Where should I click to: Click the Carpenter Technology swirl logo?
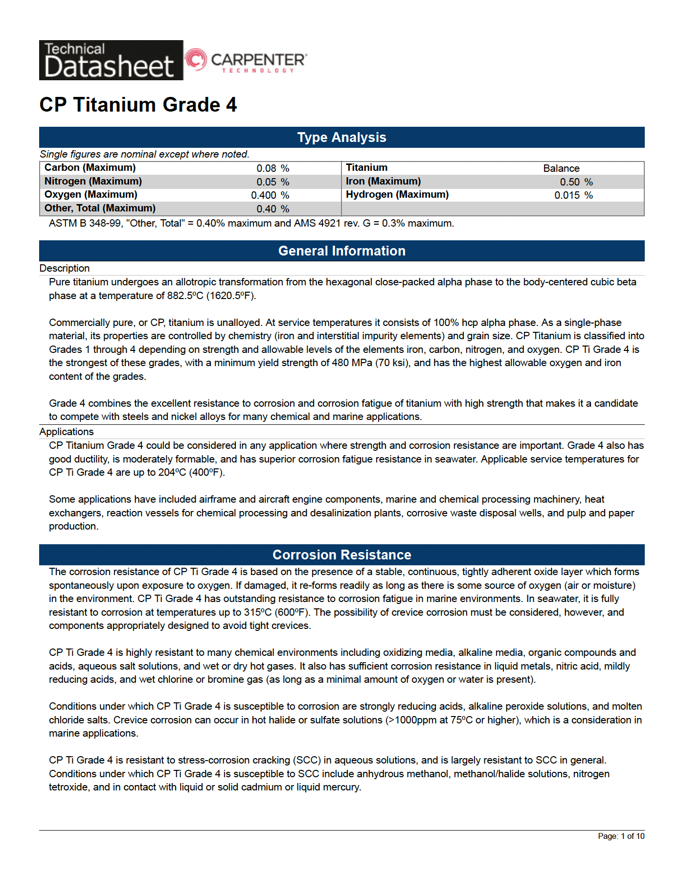tap(196, 60)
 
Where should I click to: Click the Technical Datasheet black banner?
tap(111, 60)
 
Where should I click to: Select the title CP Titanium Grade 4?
tap(138, 105)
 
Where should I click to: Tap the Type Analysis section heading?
tap(341, 138)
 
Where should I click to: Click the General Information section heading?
tap(341, 251)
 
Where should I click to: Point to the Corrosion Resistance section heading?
tap(341, 555)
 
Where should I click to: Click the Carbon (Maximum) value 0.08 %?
tap(272, 168)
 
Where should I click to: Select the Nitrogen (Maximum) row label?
tap(93, 182)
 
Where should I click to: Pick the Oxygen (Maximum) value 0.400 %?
tap(270, 195)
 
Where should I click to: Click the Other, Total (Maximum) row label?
tap(100, 208)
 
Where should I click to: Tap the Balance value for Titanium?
tap(561, 168)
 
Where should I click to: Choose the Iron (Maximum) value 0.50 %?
tap(576, 182)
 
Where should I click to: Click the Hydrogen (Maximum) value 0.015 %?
tap(573, 195)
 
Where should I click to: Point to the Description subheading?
tap(65, 268)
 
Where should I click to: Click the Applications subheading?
tap(67, 432)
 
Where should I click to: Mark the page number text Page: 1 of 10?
tap(621, 836)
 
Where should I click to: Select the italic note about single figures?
tap(144, 154)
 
